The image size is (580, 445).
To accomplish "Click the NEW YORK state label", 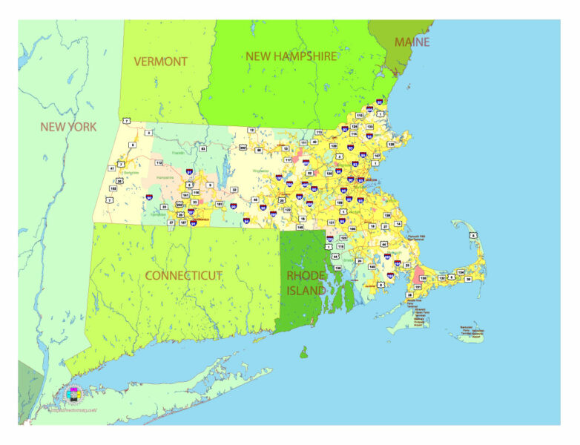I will (68, 127).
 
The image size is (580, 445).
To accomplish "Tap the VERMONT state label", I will (160, 61).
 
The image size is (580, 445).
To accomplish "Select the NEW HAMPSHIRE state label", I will (291, 56).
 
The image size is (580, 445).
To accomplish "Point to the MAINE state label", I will (412, 42).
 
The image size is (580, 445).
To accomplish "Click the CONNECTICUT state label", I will (183, 275).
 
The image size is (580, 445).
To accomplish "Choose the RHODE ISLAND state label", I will (306, 283).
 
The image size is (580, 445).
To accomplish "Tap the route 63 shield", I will (202, 149).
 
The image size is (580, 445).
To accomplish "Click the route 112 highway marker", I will (159, 162).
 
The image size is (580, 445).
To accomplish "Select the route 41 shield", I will (113, 168).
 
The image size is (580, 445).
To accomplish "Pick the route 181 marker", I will (219, 203).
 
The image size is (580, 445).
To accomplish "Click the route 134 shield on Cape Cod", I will (461, 272).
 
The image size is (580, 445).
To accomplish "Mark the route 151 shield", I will (418, 287).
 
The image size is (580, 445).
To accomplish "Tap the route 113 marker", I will (319, 132).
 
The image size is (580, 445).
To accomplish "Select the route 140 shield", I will (372, 266).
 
